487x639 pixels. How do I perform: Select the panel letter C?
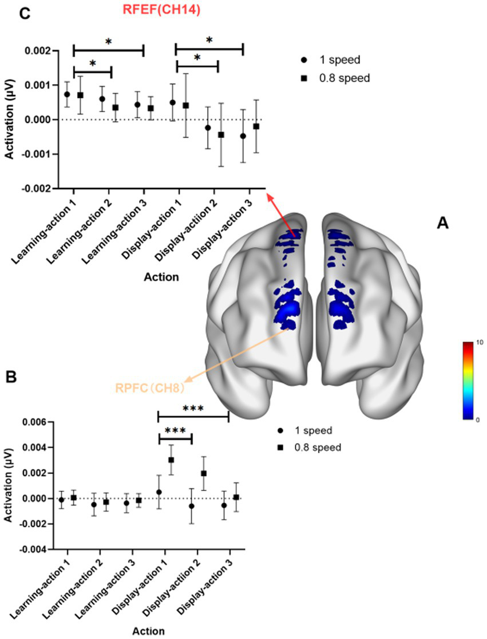[25, 14]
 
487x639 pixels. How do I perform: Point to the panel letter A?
[442, 224]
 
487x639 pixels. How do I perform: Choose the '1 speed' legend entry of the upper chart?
[334, 60]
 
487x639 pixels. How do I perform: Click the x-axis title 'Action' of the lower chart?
[149, 632]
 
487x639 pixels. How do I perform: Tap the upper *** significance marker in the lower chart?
[193, 408]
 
